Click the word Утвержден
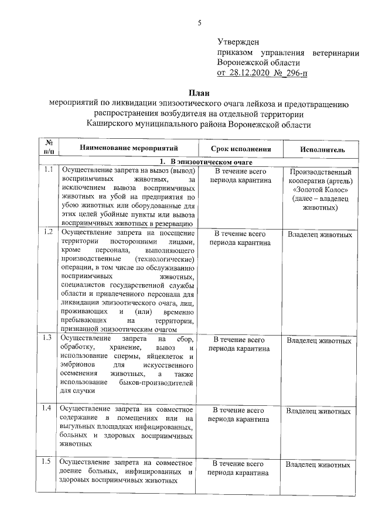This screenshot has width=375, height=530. point(238,42)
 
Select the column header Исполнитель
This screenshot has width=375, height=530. point(322,149)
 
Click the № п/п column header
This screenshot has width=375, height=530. point(49,146)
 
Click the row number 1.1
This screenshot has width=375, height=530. point(49,170)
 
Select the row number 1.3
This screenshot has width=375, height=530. point(49,338)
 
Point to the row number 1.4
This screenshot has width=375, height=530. point(49,408)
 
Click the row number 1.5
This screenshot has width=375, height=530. point(49,463)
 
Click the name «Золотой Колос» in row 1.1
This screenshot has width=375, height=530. point(321,190)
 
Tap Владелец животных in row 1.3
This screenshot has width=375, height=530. point(319,340)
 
